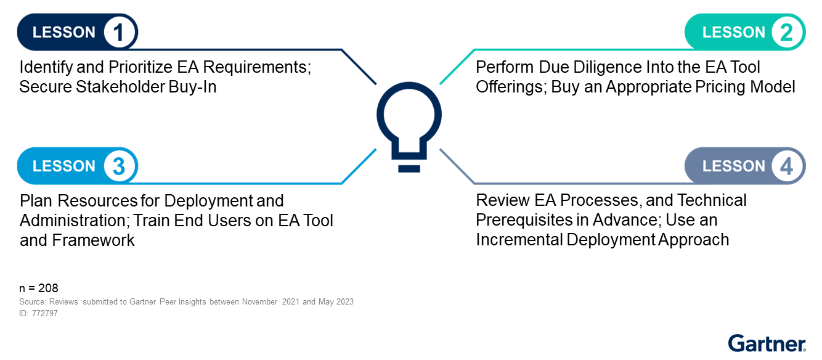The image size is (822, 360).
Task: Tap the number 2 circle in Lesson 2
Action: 786,32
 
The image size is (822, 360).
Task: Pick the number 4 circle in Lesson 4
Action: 786,166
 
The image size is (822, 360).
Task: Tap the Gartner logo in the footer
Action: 767,344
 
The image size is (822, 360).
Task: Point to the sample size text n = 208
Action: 39,288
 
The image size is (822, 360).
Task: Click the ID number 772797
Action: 45,313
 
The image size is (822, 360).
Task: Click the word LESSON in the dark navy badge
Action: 64,32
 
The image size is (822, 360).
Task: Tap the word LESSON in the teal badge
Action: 733,32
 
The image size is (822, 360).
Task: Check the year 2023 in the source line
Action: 343,302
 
